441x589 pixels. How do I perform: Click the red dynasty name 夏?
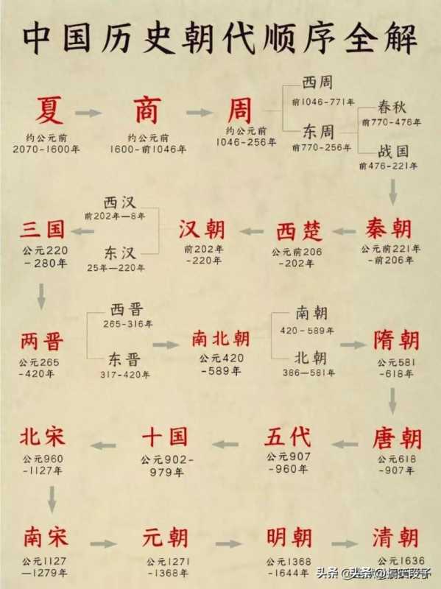pos(49,110)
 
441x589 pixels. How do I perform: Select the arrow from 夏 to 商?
pos(88,113)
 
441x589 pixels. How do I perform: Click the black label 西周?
pos(317,82)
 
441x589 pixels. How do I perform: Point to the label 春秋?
pos(392,107)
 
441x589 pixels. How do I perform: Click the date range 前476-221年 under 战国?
pos(388,166)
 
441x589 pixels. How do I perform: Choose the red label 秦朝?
pos(389,229)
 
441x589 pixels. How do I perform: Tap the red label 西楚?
pos(300,230)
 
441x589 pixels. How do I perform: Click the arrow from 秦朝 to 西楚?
pos(344,231)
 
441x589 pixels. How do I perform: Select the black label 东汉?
pos(120,253)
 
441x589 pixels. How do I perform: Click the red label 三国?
pos(42,229)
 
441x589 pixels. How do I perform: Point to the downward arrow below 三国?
pos(41,296)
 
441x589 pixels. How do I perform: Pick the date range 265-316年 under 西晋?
pos(127,324)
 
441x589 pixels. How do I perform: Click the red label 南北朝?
pos(221,339)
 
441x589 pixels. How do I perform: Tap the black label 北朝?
pos(310,358)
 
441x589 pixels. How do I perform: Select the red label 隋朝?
pos(396,340)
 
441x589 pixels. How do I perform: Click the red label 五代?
pos(288,437)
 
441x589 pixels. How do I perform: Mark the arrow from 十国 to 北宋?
pos(103,445)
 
